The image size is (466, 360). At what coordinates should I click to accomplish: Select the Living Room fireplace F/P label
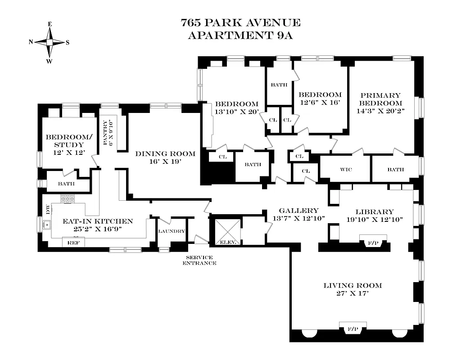tap(353, 329)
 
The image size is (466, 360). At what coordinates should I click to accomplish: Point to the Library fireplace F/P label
tap(373, 243)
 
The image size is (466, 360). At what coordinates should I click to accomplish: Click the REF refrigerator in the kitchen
tap(73, 242)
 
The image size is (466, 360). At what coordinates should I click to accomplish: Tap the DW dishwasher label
tap(47, 209)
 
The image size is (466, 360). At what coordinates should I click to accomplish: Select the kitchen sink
tap(47, 224)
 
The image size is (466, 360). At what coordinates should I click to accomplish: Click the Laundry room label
tap(172, 231)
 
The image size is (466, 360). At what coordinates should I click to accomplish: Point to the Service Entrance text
tap(199, 260)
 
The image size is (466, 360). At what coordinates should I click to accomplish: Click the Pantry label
tap(107, 132)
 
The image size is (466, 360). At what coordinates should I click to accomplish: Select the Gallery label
tap(299, 211)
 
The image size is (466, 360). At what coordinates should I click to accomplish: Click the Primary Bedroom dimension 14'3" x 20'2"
tap(380, 109)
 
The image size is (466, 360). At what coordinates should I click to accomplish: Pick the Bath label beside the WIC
tap(395, 169)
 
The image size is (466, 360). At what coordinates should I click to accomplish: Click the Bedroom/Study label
tap(65, 141)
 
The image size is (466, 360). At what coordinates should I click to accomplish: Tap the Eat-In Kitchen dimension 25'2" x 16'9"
tap(92, 229)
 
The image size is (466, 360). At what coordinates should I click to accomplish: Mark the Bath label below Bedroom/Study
tap(66, 184)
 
